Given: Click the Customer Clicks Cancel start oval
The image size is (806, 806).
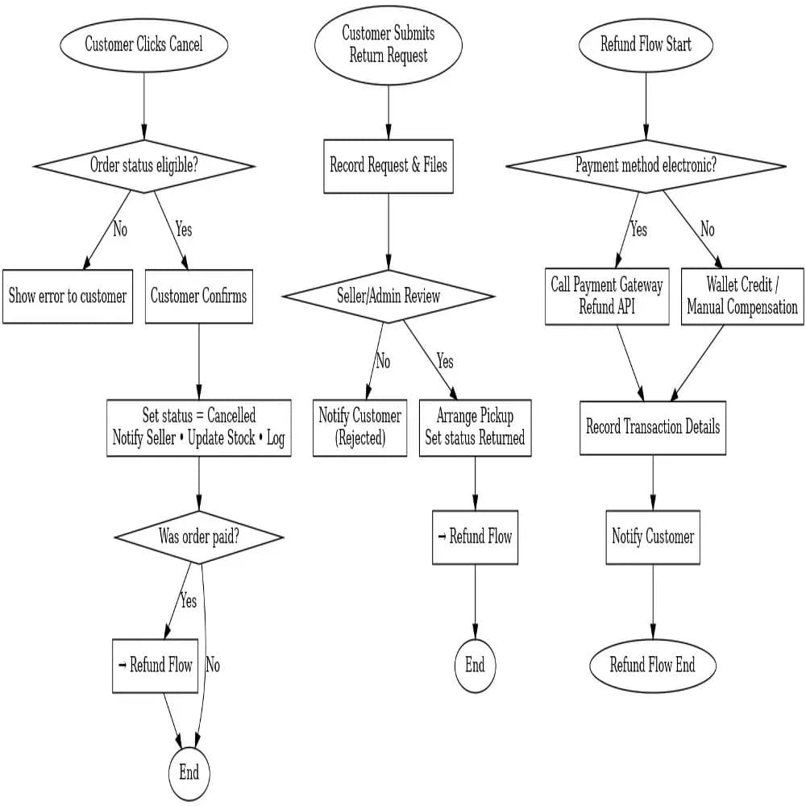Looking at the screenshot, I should [144, 44].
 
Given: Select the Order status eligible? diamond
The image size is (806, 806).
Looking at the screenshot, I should [144, 166].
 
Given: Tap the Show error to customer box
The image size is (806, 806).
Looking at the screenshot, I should [68, 297].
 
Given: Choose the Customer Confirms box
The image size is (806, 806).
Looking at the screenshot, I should [199, 297].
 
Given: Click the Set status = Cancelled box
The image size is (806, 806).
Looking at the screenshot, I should [199, 427].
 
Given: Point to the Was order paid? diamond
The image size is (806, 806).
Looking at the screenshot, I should [199, 538].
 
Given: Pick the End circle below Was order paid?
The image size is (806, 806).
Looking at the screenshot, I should [189, 773].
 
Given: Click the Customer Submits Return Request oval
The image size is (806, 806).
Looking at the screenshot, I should [388, 44].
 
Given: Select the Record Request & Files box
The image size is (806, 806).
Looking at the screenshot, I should [388, 166].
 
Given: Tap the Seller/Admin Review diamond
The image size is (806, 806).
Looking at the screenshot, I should [388, 296].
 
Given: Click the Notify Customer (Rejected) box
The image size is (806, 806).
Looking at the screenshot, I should [360, 427].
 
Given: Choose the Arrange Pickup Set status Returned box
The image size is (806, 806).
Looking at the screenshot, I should [475, 427].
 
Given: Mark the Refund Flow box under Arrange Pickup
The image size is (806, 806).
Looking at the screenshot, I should [475, 537].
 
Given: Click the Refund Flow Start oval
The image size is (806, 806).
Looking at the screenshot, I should [646, 44].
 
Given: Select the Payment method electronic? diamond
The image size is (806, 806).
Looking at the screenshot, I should [646, 166].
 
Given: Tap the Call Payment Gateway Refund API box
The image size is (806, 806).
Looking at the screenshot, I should [607, 297].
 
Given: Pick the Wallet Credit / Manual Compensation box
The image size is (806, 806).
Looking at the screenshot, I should [742, 297].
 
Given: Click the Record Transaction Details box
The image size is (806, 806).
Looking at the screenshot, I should [653, 427].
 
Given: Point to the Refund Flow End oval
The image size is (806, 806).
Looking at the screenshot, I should [653, 665].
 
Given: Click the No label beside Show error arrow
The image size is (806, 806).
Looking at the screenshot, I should [120, 231].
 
